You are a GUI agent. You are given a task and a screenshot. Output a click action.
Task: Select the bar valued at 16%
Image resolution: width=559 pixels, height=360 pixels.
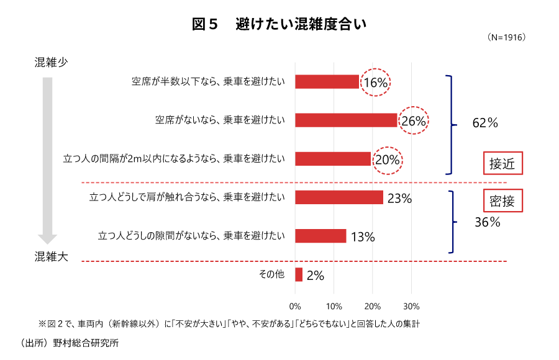coord(327,81)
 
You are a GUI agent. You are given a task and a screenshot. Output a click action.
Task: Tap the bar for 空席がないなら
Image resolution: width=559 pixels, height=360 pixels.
coord(346,120)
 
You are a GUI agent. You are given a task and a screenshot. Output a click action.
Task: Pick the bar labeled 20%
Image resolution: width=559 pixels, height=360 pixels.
coord(333,158)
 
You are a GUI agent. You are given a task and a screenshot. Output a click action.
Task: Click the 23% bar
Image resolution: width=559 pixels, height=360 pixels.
coord(339,197)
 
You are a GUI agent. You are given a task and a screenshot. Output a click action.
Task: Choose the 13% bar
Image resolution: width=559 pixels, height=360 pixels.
coord(320,236)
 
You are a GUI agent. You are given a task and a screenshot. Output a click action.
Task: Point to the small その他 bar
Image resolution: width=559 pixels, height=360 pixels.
coord(299,274)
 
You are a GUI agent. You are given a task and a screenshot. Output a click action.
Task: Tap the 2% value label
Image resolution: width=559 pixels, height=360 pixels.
coord(315,276)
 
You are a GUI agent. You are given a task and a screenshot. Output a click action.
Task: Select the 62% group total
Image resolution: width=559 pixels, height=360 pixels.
coord(485,123)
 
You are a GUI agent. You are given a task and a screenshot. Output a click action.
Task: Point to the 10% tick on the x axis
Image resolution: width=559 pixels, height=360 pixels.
coord(334,307)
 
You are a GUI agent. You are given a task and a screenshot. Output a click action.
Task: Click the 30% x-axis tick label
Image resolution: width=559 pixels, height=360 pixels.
coord(411,307)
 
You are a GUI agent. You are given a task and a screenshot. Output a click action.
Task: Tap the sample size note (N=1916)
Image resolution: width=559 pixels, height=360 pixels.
coord(508,38)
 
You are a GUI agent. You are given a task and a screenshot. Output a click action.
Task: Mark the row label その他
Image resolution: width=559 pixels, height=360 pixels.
coord(271,274)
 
